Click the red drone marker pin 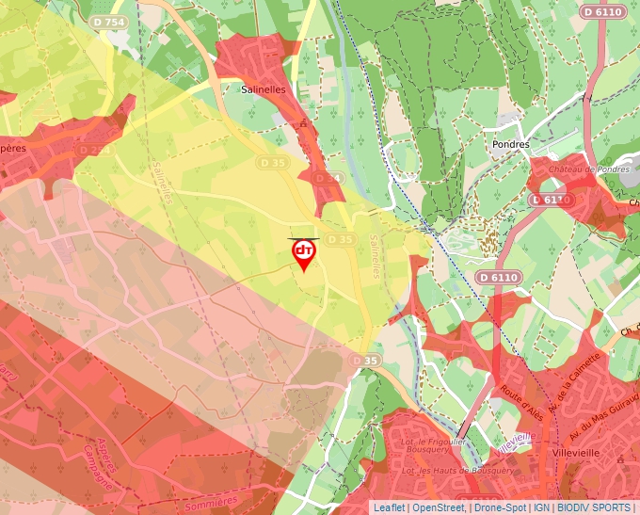coord(304,253)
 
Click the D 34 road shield coord(326,178)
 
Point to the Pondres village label coord(511,144)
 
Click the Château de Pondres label coord(577,169)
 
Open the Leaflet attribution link coord(389,507)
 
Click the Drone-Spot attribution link coord(500,507)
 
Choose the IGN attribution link coord(542,507)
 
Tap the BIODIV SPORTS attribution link coord(595,507)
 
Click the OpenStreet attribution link coord(439,507)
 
